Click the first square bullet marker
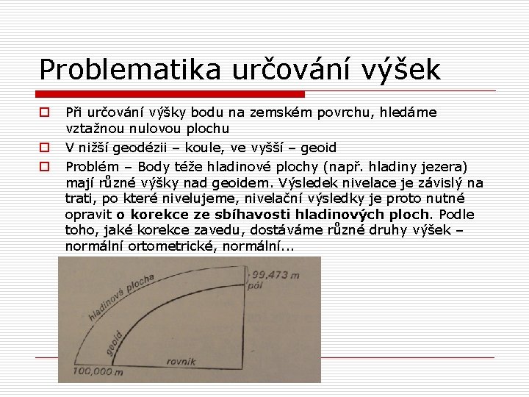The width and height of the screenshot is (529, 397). point(44,113)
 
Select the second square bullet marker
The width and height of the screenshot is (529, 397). point(44,147)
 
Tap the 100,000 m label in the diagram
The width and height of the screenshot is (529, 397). point(98,372)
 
